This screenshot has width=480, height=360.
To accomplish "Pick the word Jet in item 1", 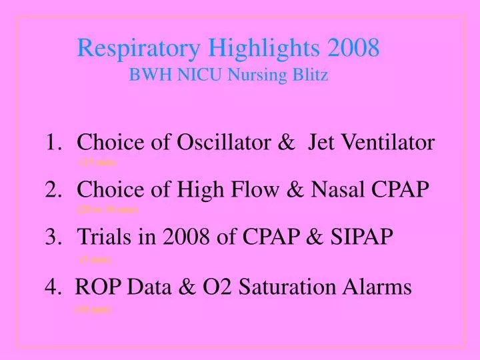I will click(322, 142).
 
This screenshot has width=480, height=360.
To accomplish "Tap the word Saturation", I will click(291, 287).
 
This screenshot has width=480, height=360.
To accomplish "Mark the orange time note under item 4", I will click(93, 309).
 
